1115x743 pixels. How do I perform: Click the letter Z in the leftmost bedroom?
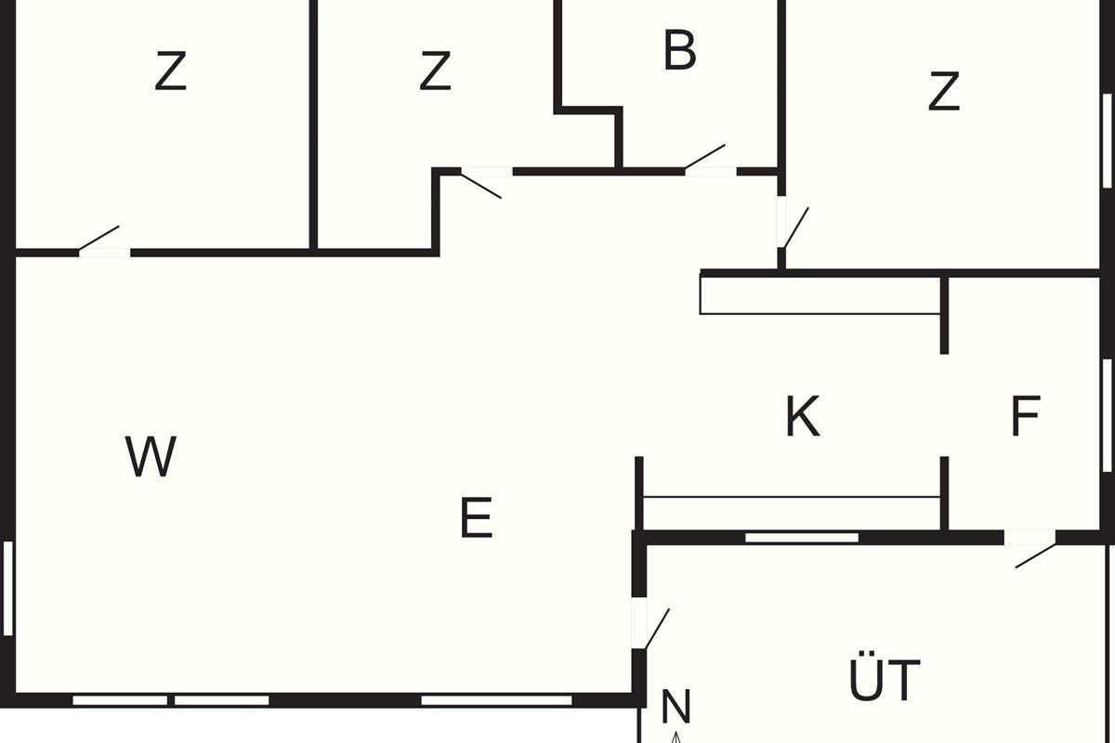tap(171, 72)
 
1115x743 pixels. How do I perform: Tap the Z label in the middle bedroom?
tap(435, 72)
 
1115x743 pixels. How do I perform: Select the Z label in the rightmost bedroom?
tap(943, 92)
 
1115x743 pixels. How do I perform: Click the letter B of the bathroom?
tap(679, 51)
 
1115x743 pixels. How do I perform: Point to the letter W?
tap(151, 456)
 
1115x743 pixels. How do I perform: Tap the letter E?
tap(476, 519)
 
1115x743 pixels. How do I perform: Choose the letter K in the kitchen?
tap(802, 417)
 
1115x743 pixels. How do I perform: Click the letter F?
tap(1025, 417)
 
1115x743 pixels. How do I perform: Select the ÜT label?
tap(884, 681)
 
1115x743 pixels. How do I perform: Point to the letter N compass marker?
tap(676, 708)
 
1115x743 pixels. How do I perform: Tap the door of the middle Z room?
tap(483, 182)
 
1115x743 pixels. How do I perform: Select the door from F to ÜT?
tap(1033, 550)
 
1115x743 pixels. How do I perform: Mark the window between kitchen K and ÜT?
tap(802, 537)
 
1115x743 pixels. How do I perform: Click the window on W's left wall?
tap(8, 588)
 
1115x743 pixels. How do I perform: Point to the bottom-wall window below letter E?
tap(496, 700)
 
